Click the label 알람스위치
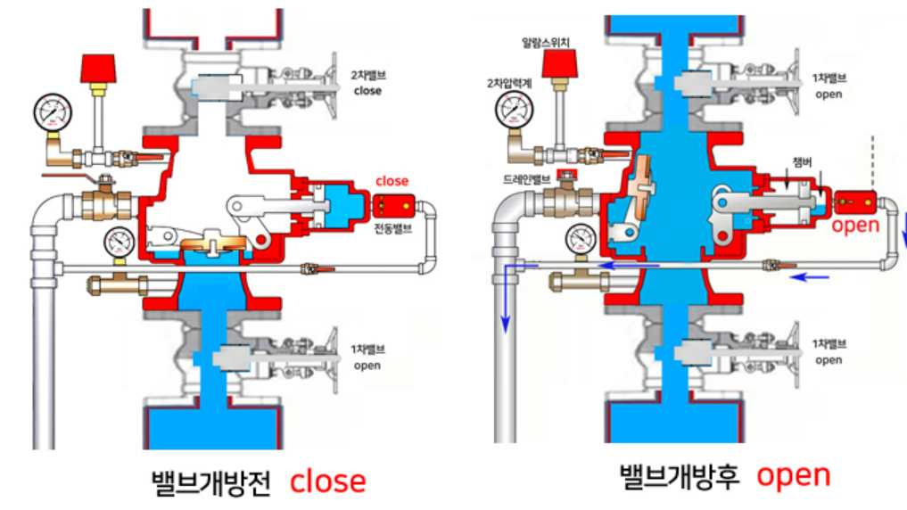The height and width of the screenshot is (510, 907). [547, 41]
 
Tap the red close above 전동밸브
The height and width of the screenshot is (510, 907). [392, 181]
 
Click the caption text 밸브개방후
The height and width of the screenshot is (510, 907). [680, 476]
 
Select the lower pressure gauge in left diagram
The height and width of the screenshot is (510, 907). [119, 243]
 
